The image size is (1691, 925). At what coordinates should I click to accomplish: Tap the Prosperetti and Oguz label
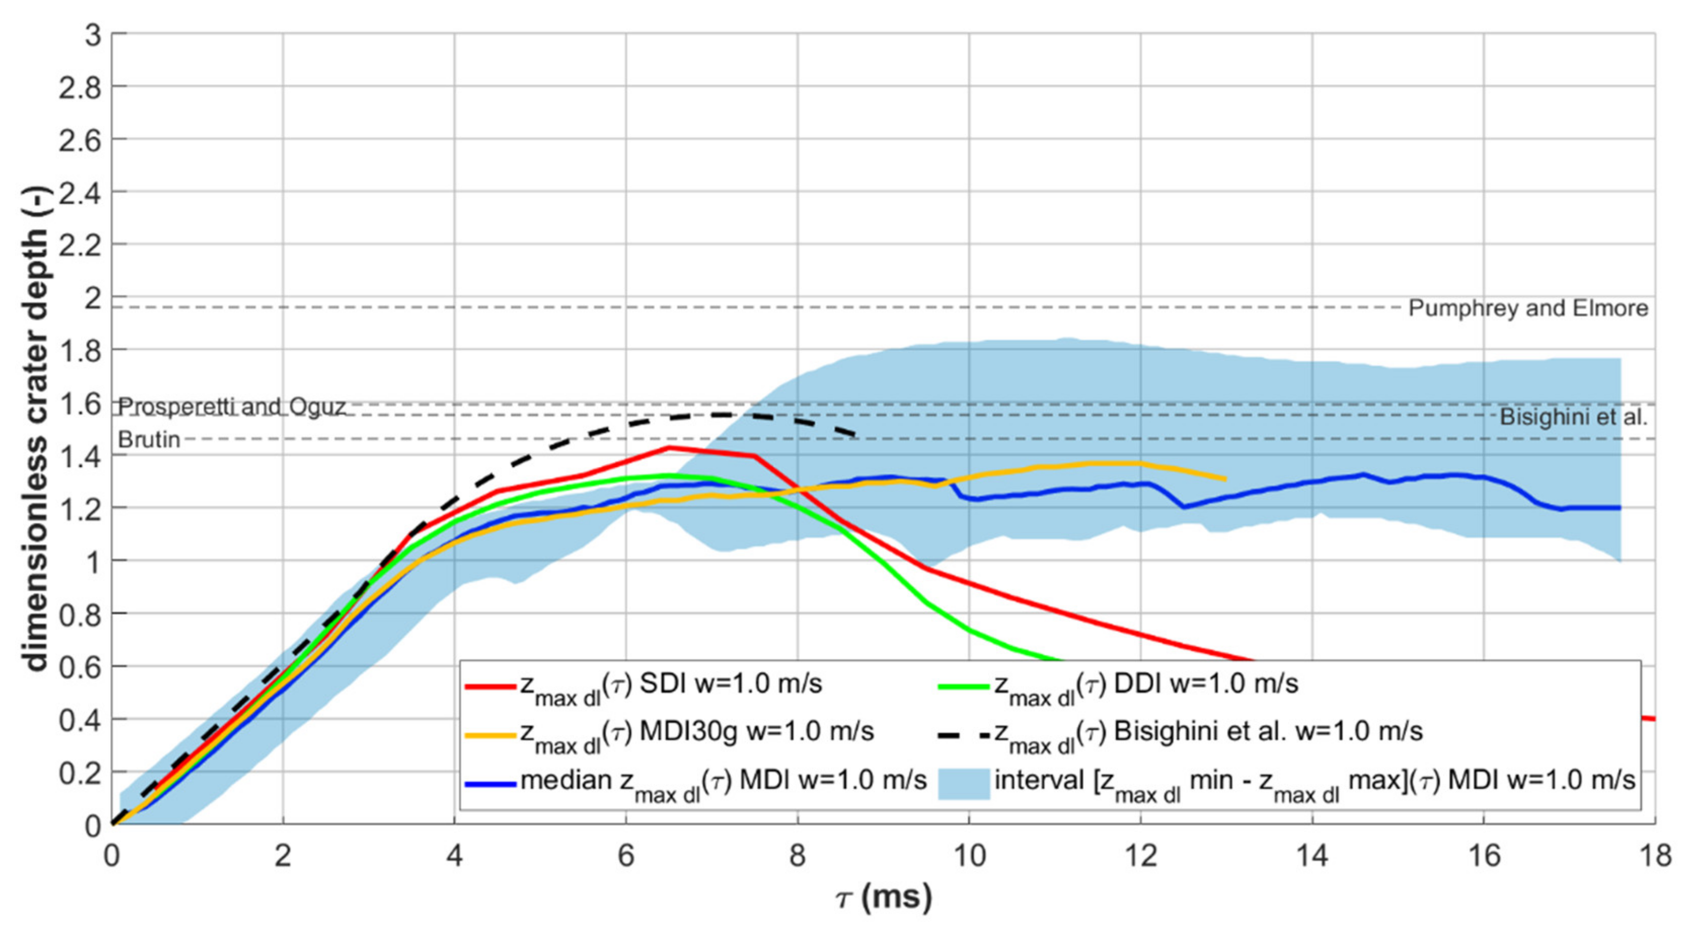point(232,407)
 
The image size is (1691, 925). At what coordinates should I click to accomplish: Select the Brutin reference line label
point(149,439)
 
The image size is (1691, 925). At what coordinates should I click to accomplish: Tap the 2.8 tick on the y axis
point(80,87)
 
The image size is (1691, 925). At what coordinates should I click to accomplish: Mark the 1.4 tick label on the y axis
point(80,456)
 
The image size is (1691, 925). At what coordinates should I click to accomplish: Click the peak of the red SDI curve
point(668,448)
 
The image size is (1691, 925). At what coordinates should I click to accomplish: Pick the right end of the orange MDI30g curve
point(1225,479)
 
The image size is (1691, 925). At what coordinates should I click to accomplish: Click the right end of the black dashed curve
point(855,434)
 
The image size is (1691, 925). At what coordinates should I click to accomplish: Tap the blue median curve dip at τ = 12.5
point(1184,506)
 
